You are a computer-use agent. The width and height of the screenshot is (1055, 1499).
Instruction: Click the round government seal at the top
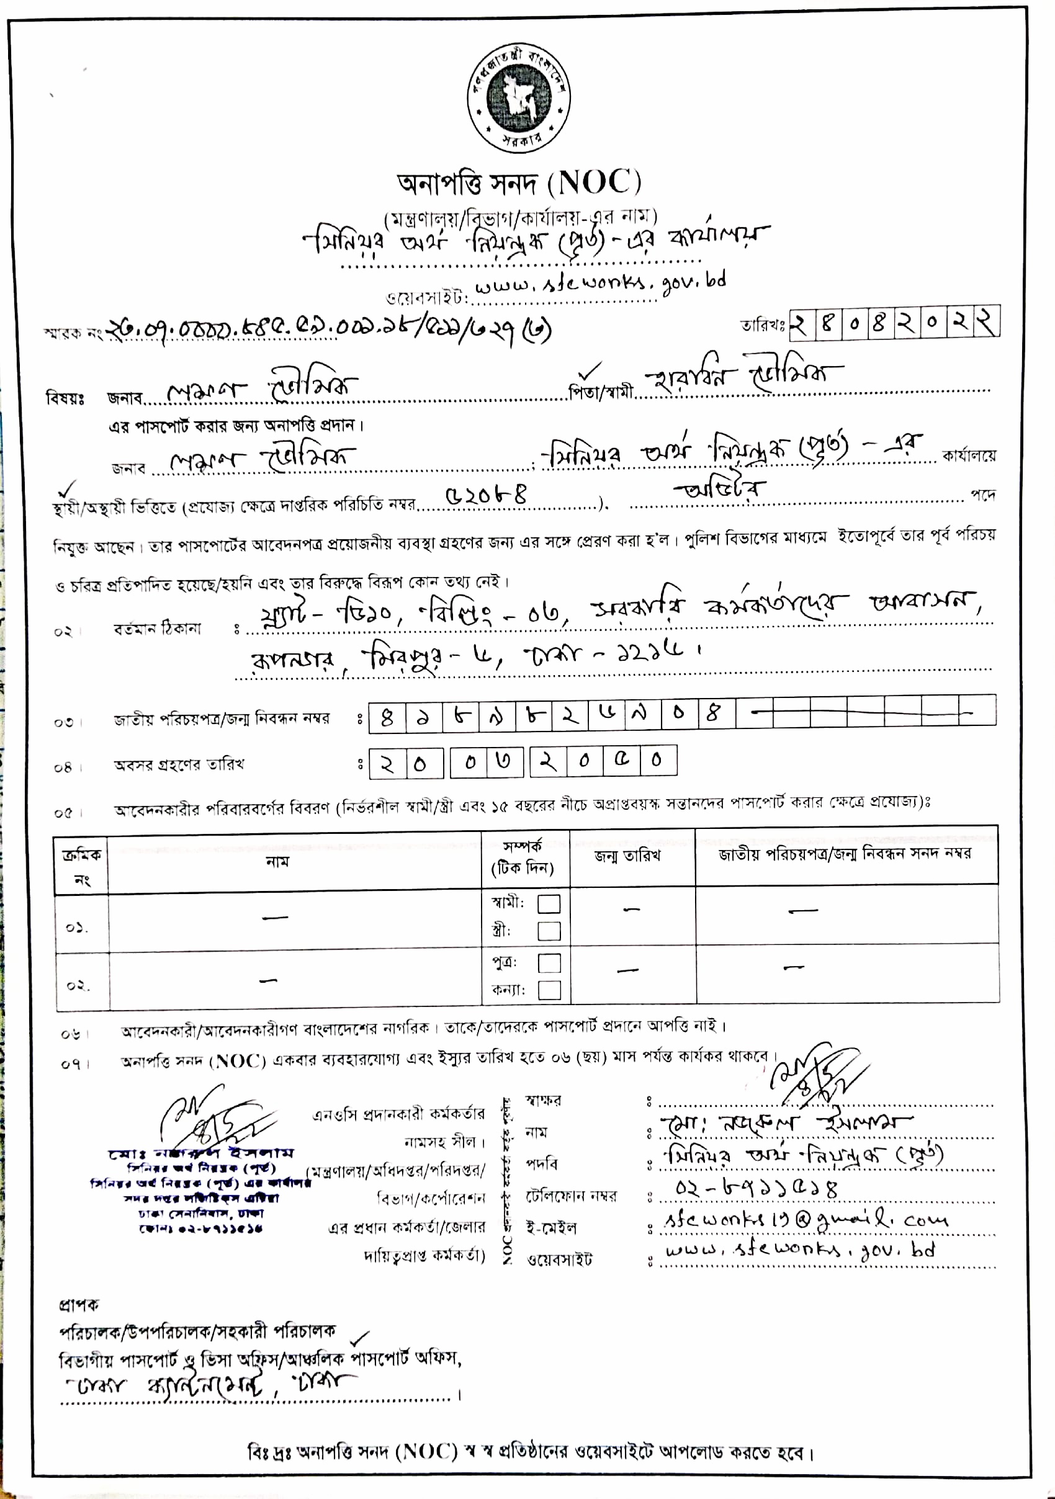click(519, 97)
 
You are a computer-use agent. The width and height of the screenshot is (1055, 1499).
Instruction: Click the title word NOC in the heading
click(593, 183)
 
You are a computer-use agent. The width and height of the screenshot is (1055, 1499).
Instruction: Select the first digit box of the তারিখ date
click(801, 324)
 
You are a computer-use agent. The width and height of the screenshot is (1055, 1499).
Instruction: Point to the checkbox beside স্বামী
click(549, 903)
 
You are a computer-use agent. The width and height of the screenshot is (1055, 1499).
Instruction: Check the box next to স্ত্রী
click(549, 931)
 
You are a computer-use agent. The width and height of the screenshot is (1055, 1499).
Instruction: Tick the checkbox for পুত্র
click(549, 963)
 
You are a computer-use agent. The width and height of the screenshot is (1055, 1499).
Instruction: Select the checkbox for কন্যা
click(549, 990)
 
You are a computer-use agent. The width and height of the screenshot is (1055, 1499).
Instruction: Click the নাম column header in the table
click(277, 862)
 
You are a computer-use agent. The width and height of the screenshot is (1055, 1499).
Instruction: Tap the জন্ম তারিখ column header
click(627, 855)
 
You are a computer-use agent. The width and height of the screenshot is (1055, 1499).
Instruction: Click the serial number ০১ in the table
click(76, 927)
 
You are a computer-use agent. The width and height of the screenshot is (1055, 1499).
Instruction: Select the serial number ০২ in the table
click(78, 985)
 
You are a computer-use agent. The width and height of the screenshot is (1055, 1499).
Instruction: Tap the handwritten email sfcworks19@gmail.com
click(805, 1220)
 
